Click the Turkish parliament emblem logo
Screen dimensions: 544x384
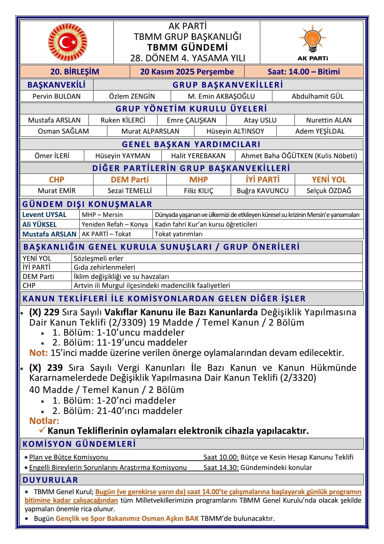pos(68,42)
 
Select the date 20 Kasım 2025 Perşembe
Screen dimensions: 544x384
pos(187,72)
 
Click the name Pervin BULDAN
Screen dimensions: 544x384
pos(57,96)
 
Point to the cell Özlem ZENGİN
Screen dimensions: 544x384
pos(132,96)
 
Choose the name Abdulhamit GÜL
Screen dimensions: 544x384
pos(318,96)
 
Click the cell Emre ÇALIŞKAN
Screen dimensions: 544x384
pos(191,120)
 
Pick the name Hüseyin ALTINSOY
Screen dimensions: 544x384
pos(235,131)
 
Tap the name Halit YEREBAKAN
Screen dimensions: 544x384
pos(198,156)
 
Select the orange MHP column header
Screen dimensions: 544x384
pos(198,180)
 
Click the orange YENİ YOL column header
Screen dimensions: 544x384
pos(329,180)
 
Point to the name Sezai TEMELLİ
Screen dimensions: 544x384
pos(130,191)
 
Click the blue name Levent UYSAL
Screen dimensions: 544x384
pos(44,214)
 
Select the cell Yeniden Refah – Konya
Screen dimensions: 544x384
pos(115,224)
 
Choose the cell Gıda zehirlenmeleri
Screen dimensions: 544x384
pos(105,267)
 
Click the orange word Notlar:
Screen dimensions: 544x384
pos(44,421)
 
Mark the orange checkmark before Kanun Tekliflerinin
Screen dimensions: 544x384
pos(42,430)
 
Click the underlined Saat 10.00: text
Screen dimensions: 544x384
pos(221,457)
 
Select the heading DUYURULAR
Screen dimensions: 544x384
pos(50,480)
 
